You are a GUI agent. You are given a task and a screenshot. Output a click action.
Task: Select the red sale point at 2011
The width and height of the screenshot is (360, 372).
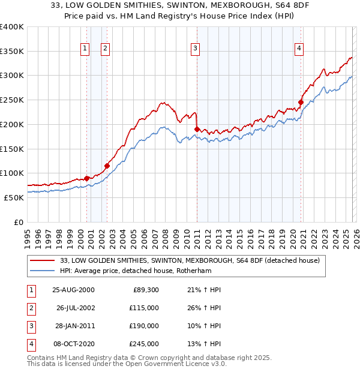click(x=197, y=129)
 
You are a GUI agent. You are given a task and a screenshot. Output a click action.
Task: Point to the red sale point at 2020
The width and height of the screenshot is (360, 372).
click(x=301, y=102)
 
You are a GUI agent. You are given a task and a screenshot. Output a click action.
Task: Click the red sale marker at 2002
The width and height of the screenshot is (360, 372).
click(x=107, y=166)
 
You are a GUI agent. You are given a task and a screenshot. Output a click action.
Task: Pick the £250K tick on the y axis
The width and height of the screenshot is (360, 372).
click(x=12, y=100)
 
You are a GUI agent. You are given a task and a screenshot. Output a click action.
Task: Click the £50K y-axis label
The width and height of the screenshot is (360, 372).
click(x=14, y=197)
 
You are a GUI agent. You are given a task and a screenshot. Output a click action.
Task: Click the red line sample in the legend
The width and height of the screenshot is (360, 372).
click(x=43, y=260)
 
